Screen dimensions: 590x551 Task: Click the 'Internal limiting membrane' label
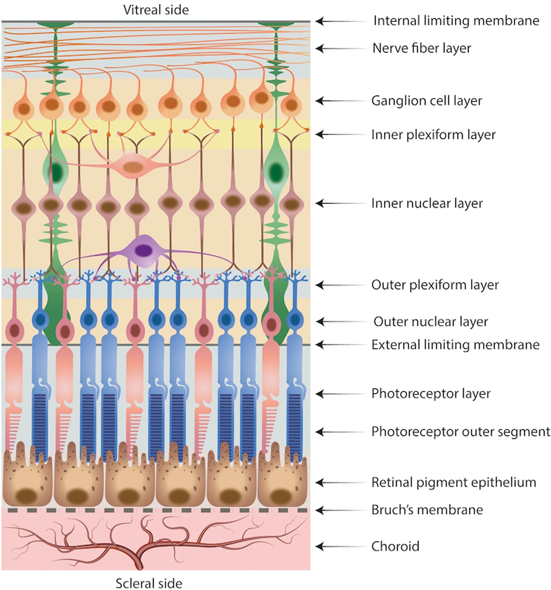[456, 21]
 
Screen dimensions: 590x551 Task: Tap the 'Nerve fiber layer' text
[422, 48]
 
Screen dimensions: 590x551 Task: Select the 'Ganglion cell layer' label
[427, 101]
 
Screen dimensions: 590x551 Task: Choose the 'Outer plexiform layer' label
[435, 285]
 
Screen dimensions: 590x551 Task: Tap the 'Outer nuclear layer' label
[431, 322]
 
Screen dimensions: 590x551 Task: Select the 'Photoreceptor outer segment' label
[461, 432]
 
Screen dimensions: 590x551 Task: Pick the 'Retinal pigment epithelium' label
[454, 483]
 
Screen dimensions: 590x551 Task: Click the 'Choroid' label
[395, 546]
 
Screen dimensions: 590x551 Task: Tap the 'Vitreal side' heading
[156, 10]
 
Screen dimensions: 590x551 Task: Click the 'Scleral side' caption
[149, 583]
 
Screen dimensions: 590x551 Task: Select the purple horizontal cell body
[145, 251]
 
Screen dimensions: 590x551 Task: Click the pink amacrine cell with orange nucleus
[133, 166]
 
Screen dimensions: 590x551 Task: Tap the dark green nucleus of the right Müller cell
[276, 172]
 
